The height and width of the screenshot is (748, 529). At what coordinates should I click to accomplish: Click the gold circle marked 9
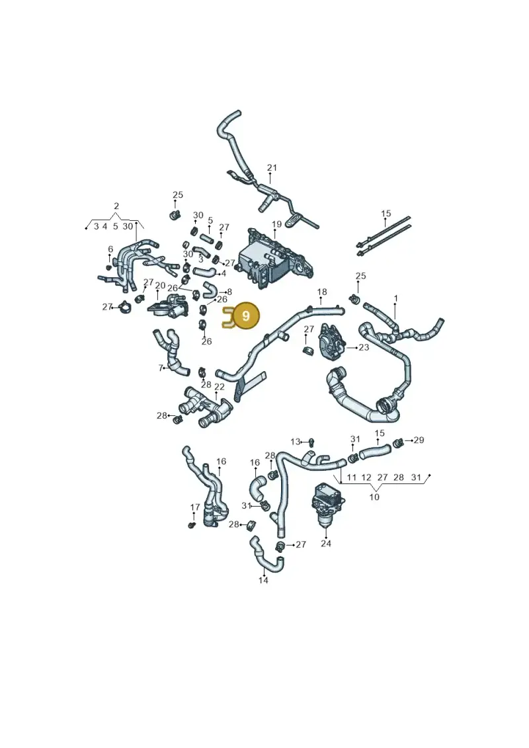coord(246,316)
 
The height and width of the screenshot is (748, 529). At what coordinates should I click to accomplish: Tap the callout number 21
coord(272,168)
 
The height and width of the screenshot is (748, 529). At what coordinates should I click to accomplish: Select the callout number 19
coord(276,224)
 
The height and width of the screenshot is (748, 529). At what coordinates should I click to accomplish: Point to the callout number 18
coord(322,292)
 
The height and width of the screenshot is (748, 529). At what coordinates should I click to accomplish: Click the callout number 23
coord(364,347)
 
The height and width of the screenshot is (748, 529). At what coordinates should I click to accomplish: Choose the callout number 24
coord(326,543)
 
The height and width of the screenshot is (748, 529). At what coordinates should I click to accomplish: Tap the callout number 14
coord(263,580)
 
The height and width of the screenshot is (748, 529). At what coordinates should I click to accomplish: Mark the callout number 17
coord(194,507)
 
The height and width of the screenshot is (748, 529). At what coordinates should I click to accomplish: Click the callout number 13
coord(296,442)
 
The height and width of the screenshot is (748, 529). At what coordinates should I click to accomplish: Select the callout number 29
coord(419,440)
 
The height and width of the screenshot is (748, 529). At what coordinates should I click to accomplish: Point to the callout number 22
coord(220,387)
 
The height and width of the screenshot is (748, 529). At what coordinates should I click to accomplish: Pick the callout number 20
coord(160,285)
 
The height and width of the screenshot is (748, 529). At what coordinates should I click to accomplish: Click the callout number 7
coord(161,368)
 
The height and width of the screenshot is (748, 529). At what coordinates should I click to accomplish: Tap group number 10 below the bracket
coord(374,497)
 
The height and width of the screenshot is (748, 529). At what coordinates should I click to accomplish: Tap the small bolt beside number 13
coord(311,442)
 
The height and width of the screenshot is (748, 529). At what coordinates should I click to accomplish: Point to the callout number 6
coord(110,249)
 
